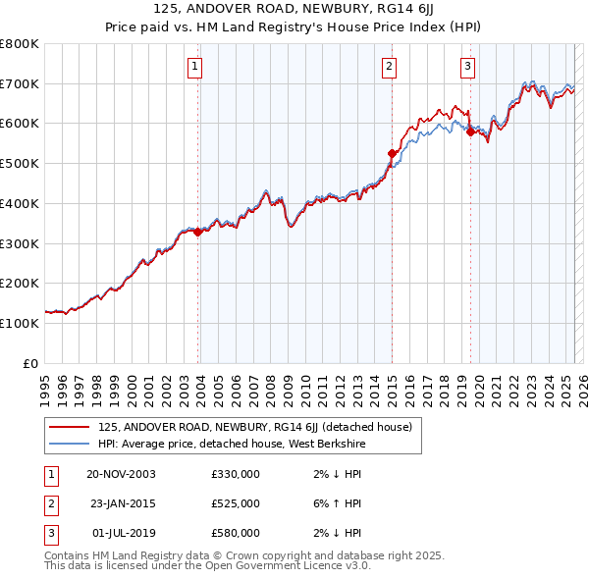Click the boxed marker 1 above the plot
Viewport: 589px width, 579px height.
(195, 67)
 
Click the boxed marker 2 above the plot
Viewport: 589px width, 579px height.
(390, 67)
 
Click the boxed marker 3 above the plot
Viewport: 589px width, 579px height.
(468, 67)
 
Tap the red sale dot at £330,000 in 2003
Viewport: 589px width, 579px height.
(197, 233)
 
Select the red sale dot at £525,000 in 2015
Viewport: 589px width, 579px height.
(392, 153)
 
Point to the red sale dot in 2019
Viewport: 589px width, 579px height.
(470, 132)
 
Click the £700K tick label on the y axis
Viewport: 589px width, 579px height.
(19, 84)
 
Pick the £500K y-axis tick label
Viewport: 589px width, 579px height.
(19, 164)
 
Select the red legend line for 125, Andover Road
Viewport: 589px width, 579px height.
(68, 428)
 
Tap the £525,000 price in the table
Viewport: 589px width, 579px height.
(236, 503)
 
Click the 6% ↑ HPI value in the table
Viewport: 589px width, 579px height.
(339, 503)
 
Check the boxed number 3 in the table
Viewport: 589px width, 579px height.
(50, 533)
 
